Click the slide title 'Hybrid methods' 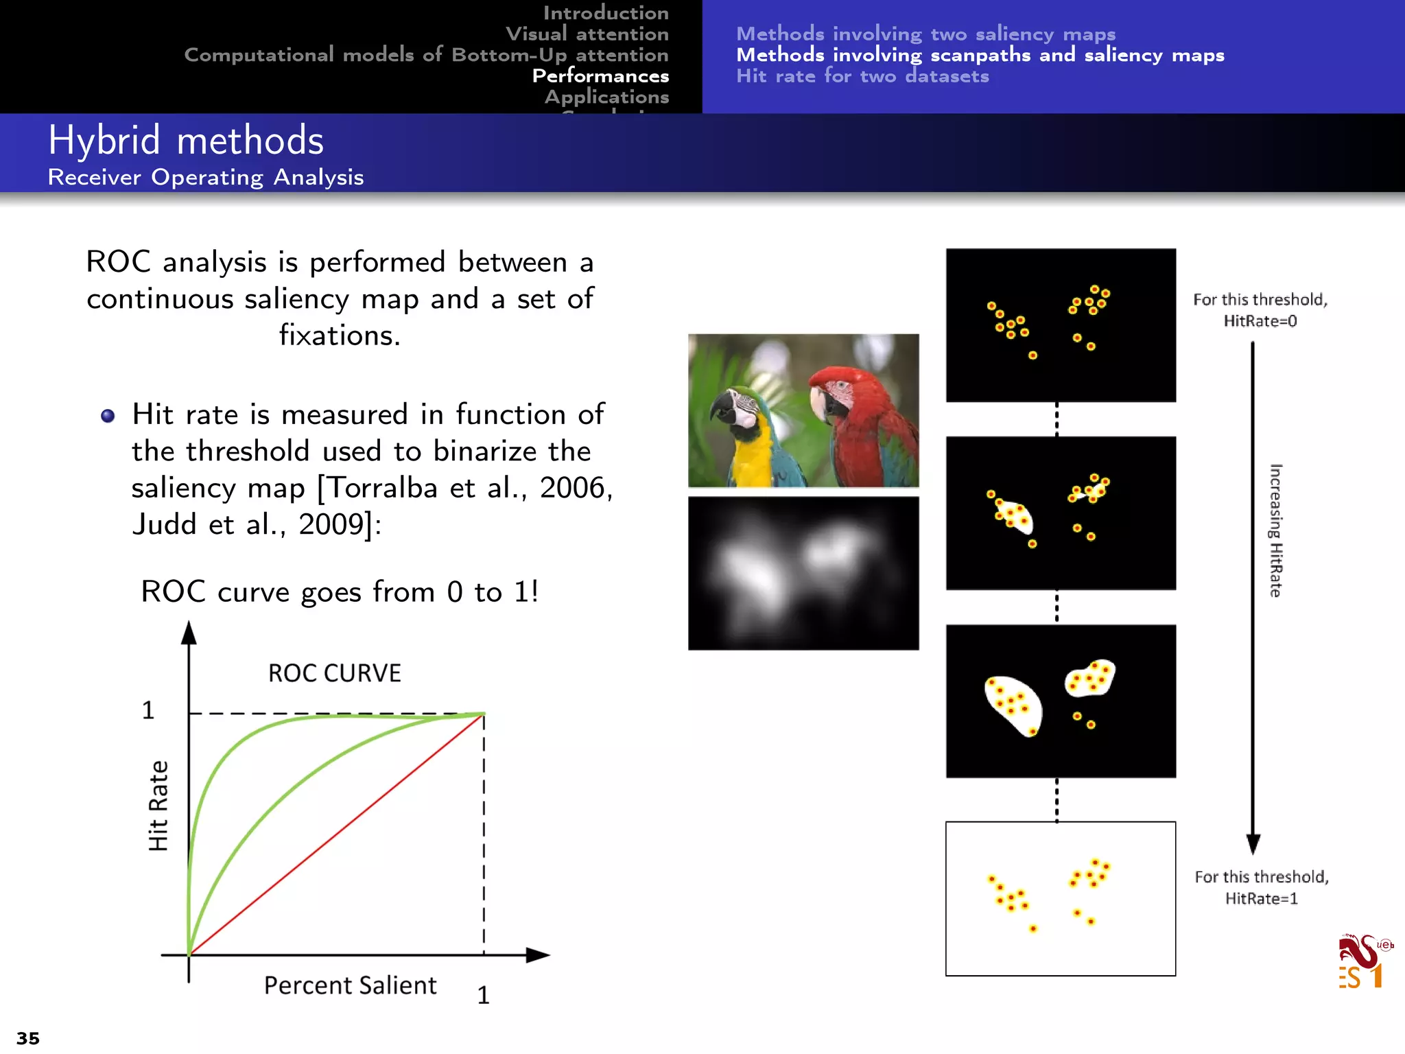(185, 141)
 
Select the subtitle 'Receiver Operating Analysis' (206, 178)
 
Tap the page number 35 (28, 1038)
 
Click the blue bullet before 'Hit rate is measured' (108, 416)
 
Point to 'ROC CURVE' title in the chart (334, 673)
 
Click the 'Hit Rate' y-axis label (158, 806)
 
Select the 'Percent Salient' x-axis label (350, 985)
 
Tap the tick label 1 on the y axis (148, 710)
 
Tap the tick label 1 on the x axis (483, 995)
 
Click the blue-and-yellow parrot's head (737, 408)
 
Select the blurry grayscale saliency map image (803, 574)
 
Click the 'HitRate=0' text (1260, 321)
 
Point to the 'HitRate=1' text (1262, 899)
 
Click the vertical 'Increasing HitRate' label (1275, 530)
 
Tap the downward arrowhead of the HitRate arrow (1253, 843)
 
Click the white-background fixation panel (1061, 899)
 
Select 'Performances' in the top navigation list (600, 75)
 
